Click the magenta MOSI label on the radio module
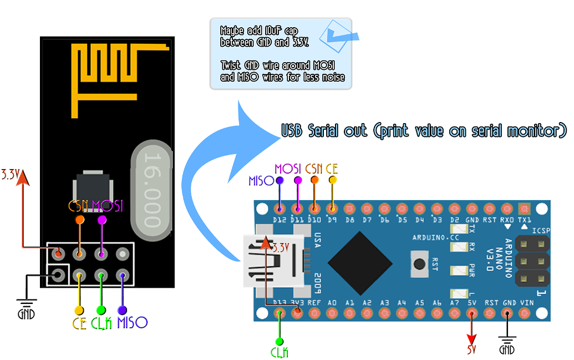coord(107,206)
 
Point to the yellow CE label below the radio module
coord(79,323)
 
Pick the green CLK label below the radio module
coord(101,323)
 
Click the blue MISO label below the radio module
coord(132,323)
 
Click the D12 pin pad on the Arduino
coord(280,209)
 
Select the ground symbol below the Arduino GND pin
coord(507,344)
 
